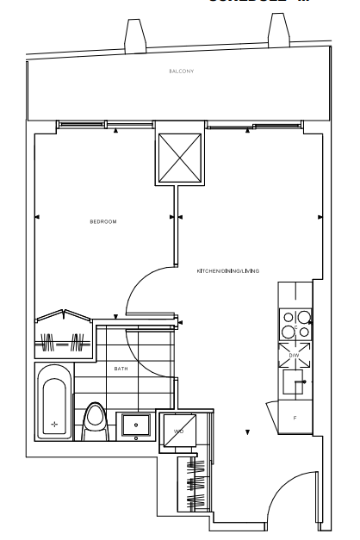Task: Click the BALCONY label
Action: pyautogui.click(x=181, y=71)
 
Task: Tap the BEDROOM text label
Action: pyautogui.click(x=102, y=221)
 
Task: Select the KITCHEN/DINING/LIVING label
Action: pyautogui.click(x=228, y=270)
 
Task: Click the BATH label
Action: pyautogui.click(x=121, y=369)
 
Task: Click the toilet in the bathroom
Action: pyautogui.click(x=96, y=421)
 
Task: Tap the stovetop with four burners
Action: pyautogui.click(x=294, y=325)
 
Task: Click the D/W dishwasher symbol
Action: pyautogui.click(x=294, y=354)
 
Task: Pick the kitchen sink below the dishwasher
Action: pyautogui.click(x=294, y=379)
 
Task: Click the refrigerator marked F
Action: pyautogui.click(x=294, y=418)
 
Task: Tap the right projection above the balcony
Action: pyautogui.click(x=280, y=34)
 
